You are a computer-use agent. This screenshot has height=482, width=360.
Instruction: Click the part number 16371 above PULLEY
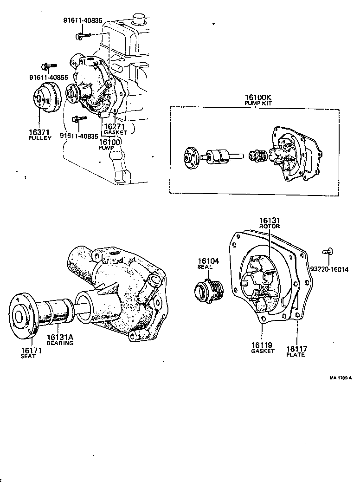[39, 133]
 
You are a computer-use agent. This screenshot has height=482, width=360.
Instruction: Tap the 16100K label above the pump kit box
[258, 98]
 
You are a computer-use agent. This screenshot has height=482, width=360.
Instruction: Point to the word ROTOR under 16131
[270, 226]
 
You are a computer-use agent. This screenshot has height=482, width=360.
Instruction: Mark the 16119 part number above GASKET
[262, 345]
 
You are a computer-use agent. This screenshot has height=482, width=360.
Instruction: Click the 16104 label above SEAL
[208, 261]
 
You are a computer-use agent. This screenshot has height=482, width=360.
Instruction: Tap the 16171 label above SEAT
[31, 350]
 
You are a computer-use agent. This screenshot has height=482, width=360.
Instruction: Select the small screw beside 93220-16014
[327, 251]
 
